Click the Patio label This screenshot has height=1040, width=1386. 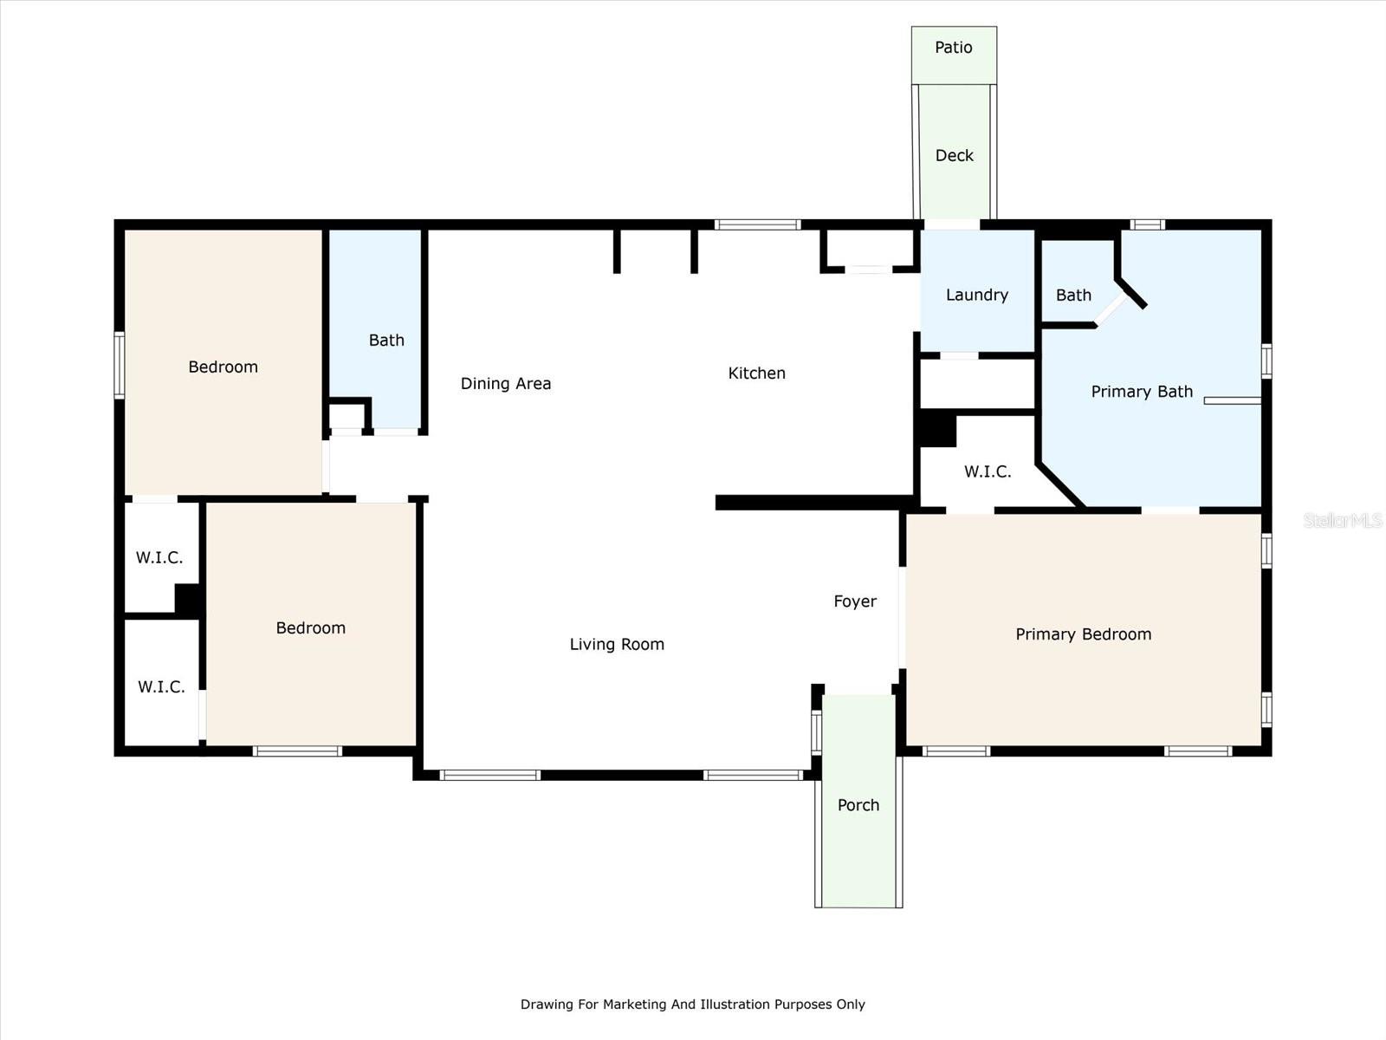[x=953, y=48]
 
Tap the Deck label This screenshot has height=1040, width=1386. [x=954, y=156]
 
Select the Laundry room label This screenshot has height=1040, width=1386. [x=976, y=296]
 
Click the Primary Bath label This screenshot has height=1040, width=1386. [x=1142, y=392]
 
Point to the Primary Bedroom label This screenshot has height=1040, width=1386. [x=1083, y=634]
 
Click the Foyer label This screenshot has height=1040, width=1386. [x=855, y=601]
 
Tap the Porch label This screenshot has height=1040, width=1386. [x=858, y=805]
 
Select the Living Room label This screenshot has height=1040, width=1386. [x=617, y=645]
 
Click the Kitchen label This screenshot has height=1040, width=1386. [x=756, y=374]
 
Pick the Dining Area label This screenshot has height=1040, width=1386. [x=505, y=384]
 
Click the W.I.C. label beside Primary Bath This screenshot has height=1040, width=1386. [x=988, y=472]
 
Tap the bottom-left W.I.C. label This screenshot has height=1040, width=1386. [x=161, y=687]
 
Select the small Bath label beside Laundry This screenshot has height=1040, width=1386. [x=1073, y=296]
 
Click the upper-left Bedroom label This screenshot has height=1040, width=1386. [x=223, y=367]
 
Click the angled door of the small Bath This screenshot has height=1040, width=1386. [x=1111, y=309]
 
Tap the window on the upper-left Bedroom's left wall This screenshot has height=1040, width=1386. [x=120, y=365]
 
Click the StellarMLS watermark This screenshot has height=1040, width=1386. [x=1342, y=521]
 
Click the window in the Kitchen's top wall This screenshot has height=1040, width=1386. [x=757, y=224]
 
